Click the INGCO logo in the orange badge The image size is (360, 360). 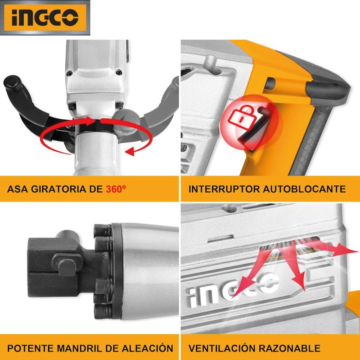pyautogui.click(x=45, y=18)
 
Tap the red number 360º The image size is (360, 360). pyautogui.click(x=116, y=189)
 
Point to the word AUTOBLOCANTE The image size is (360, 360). pyautogui.click(x=304, y=189)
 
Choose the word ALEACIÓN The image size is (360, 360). pyautogui.click(x=147, y=347)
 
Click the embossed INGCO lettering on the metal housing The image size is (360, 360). pyautogui.click(x=233, y=290)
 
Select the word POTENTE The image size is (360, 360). pyautogui.click(x=31, y=348)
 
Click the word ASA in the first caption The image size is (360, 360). pyautogui.click(x=18, y=189)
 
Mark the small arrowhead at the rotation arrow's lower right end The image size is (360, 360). pyautogui.click(x=130, y=151)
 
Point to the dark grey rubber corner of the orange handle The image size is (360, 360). pyautogui.click(x=328, y=90)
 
